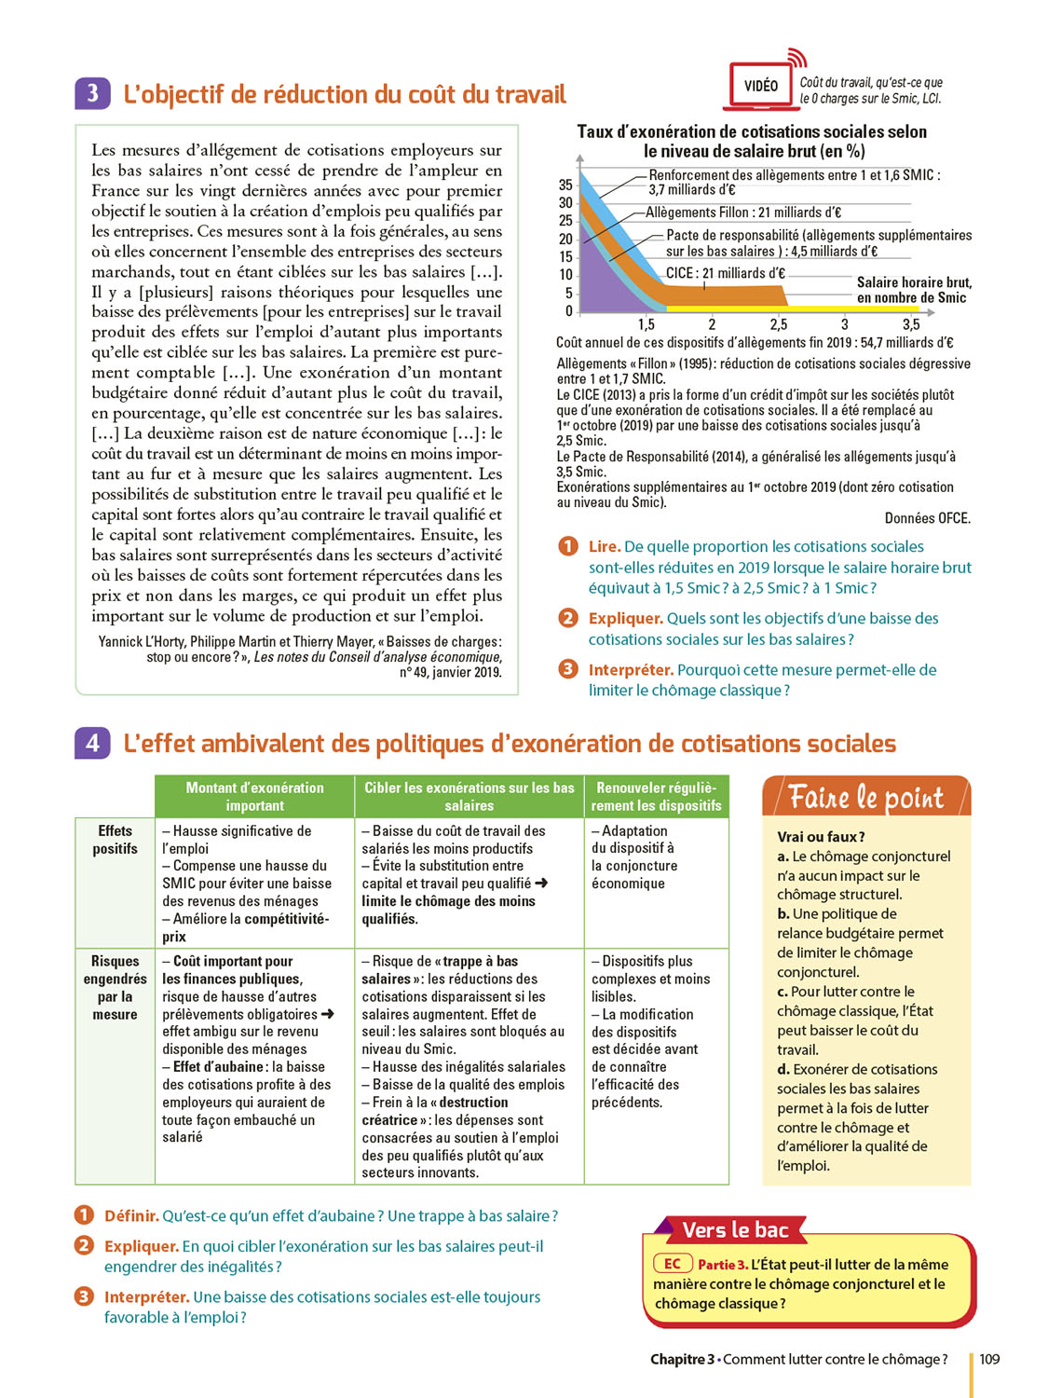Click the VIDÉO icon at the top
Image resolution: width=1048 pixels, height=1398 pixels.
pos(760,86)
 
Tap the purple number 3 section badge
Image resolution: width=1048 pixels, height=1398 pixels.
pos(92,94)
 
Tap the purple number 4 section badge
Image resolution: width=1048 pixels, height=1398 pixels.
pos(92,743)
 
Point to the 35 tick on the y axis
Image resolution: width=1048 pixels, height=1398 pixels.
pos(565,185)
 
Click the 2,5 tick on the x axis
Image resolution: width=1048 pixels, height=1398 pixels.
pos(778,324)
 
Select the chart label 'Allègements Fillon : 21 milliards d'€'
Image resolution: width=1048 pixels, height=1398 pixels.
pos(743,212)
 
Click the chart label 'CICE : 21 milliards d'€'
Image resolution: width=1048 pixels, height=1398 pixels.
pos(725,273)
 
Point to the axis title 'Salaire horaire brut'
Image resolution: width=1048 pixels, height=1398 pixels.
pos(913,282)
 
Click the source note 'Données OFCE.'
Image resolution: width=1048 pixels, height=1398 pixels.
pos(927,518)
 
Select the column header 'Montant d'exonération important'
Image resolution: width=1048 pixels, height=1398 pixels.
pos(254,796)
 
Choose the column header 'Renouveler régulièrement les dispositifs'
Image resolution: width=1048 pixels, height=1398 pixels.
pos(656,796)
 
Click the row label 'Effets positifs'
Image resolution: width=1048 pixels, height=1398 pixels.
pos(115,839)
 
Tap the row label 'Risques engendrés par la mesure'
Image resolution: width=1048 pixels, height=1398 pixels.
pos(115,987)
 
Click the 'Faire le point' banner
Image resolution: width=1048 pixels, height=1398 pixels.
pos(865,798)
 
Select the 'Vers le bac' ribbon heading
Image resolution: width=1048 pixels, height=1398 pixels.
pos(735,1230)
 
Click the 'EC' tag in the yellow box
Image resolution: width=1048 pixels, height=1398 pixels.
pos(673,1264)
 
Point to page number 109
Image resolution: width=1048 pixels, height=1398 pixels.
pos(989,1359)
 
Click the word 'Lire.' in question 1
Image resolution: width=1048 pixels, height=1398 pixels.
pos(604,546)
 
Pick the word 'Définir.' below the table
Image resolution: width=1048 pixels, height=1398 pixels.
pos(131,1215)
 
